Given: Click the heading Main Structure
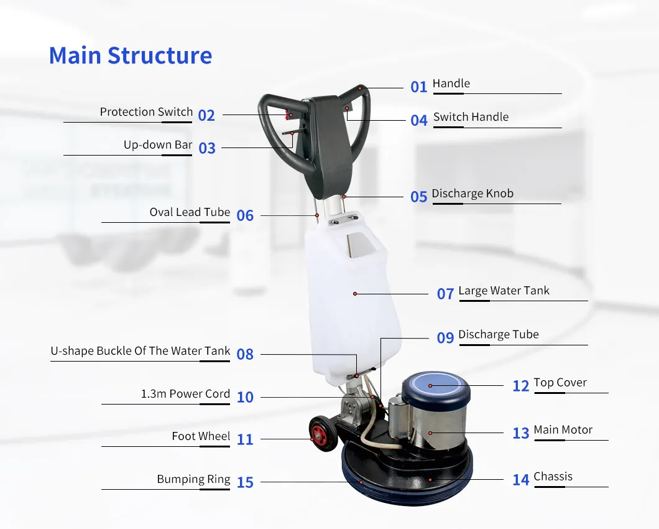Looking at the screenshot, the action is point(131,55).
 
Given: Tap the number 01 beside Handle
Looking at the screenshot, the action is point(418,87).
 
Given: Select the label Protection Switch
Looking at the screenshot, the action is point(146,112).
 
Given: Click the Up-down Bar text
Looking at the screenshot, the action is point(158,145).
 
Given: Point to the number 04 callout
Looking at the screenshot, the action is point(419,121).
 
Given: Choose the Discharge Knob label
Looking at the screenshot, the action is point(472,193).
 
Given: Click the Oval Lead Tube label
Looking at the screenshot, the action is point(190,212).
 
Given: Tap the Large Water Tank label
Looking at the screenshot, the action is point(504,291).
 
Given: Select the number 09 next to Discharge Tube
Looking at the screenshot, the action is point(446,337).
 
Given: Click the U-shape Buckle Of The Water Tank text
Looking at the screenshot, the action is point(141,351).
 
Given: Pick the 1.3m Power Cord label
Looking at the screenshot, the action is point(185,394).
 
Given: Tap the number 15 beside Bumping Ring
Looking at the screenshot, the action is point(245,482).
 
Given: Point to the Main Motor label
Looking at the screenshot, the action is point(563,429).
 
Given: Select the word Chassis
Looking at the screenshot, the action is point(553,476).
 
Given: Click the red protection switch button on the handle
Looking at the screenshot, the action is point(289,114).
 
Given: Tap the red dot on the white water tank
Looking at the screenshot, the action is point(355,294).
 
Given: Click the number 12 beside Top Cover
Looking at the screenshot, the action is point(521,386).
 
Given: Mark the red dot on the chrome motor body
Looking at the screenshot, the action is point(430,433).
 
